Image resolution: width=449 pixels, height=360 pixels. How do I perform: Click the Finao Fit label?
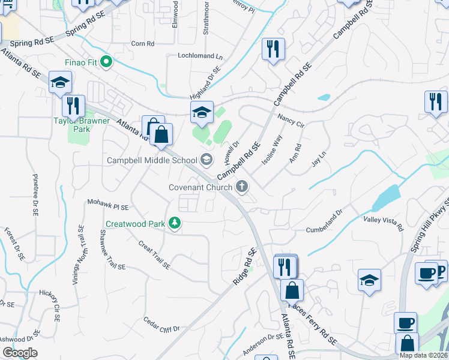point(82,62)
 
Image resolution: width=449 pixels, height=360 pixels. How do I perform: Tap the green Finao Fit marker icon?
point(106,61)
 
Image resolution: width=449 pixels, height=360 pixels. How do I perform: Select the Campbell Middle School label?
point(152,160)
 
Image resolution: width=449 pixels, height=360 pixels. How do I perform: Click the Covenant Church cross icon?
point(242,187)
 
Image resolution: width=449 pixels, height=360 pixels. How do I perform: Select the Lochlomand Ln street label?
point(200,56)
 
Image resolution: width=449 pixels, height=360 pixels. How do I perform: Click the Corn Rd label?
point(143,44)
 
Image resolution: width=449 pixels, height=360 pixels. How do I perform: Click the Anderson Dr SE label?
point(262,344)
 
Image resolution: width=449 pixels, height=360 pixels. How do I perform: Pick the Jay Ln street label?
point(319,159)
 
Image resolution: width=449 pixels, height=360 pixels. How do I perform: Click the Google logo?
point(19,353)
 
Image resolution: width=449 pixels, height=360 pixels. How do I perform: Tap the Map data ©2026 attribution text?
point(424,355)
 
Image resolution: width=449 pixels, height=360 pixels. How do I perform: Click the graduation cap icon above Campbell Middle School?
point(202,112)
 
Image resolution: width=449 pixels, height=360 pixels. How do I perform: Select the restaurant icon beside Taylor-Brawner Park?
point(73,106)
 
